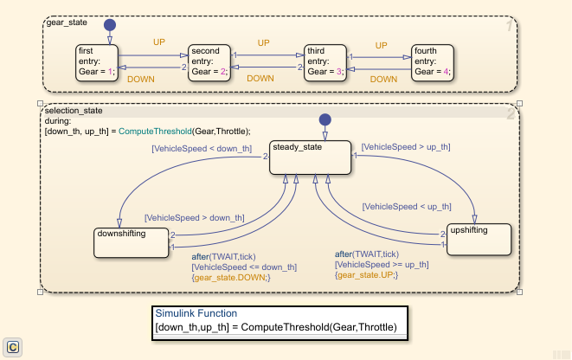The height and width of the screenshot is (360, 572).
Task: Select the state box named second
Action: (x=209, y=62)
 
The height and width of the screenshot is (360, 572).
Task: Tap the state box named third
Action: (x=325, y=62)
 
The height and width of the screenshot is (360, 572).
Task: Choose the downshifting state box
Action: (x=132, y=242)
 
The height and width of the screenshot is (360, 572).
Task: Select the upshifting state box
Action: (x=479, y=239)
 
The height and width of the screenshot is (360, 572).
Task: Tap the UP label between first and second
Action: (x=159, y=42)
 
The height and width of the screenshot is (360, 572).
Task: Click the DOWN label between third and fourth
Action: (x=383, y=79)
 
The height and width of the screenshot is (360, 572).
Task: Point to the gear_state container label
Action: (x=67, y=22)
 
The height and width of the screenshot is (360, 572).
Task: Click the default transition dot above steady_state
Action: (x=325, y=119)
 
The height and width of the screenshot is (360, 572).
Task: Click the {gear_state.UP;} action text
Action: (x=365, y=274)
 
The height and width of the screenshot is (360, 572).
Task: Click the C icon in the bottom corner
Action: (x=13, y=346)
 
